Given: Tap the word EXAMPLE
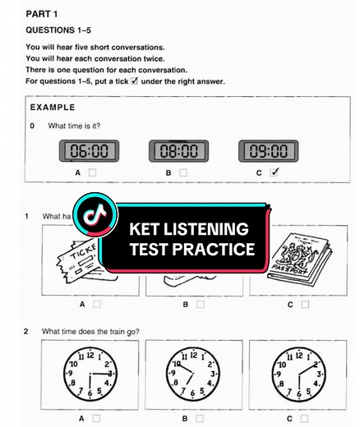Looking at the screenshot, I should tap(52, 108).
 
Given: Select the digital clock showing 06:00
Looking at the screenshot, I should tap(89, 151).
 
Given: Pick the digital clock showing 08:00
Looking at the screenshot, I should tap(178, 151).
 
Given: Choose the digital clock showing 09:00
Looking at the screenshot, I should tap(269, 151).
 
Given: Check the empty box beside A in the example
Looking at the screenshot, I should tap(93, 172).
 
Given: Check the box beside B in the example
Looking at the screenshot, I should tap(183, 172).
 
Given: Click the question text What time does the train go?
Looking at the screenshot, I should tap(93, 331).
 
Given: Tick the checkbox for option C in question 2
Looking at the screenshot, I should tap(305, 417).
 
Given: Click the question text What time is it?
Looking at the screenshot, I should tap(80, 126).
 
